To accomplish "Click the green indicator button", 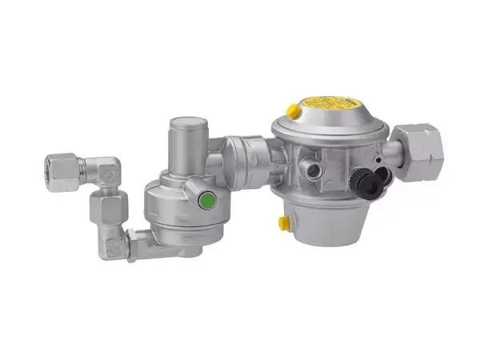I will pyautogui.click(x=208, y=200).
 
